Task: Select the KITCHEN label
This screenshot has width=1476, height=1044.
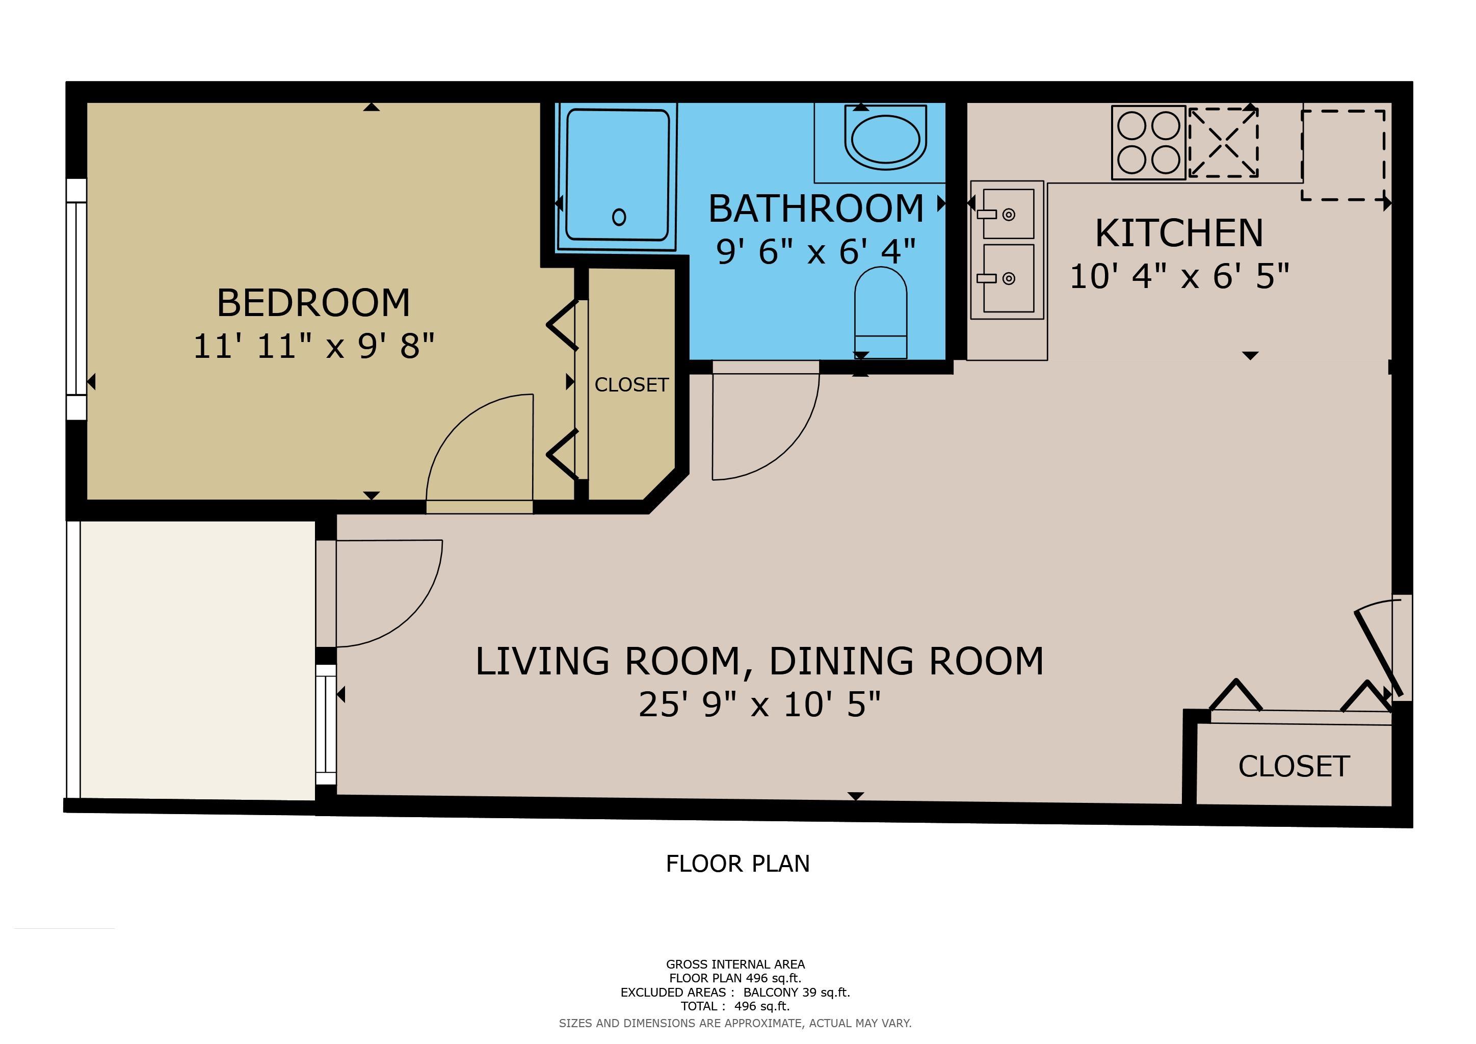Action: coord(1179,233)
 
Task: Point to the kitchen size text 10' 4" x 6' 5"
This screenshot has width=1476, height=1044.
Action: coord(1179,276)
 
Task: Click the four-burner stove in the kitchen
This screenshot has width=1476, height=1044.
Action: coord(1148,142)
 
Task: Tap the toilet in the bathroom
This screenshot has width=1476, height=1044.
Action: coord(880,312)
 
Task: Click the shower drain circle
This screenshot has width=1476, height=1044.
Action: coord(619,217)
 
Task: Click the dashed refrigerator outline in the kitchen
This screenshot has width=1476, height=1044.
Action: coord(1343,155)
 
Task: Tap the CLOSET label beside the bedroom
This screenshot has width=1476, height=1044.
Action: coord(631,384)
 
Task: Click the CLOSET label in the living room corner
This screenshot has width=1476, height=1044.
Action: coord(1294,766)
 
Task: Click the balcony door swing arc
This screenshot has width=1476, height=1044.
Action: coord(411,616)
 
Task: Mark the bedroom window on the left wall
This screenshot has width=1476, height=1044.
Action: coord(76,299)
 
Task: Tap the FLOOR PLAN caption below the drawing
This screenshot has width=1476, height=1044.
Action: coord(737,864)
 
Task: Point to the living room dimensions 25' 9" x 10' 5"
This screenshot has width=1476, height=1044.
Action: coord(759,704)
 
